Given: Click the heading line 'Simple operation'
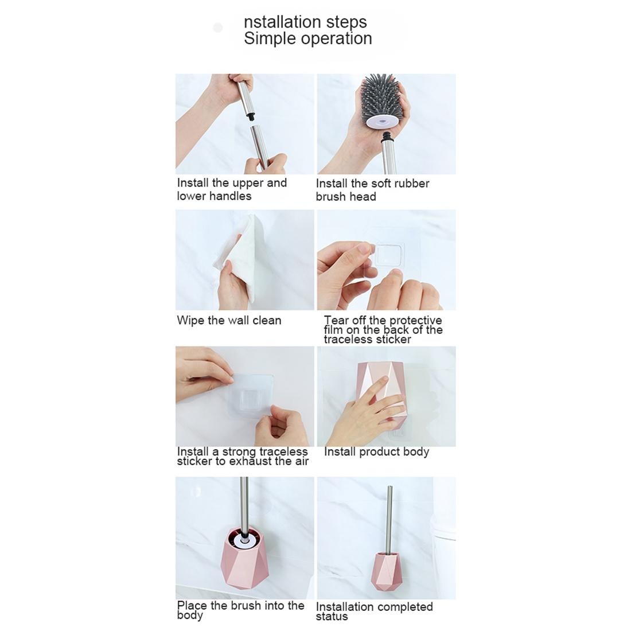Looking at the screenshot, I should [307, 38].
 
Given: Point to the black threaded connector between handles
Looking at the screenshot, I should [250, 116].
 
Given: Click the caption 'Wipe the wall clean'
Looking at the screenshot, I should [229, 320].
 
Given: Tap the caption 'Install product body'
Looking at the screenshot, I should [376, 452].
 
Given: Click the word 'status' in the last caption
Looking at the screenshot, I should [332, 617].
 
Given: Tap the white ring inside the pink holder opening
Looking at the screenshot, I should [246, 540].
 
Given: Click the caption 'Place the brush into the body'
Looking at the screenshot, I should [240, 610].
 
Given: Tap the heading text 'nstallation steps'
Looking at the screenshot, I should [305, 22].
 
